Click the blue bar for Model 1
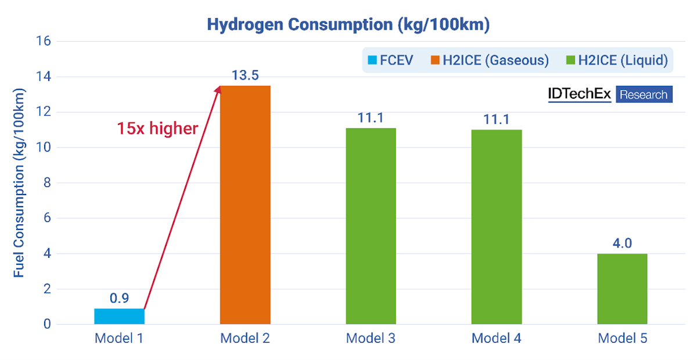[119, 316]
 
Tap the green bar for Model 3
[371, 226]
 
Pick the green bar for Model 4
[497, 226]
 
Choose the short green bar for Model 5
[622, 289]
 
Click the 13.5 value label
[245, 76]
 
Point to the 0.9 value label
[119, 298]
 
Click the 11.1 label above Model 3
[371, 118]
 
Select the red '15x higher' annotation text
[157, 128]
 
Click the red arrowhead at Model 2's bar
[219, 89]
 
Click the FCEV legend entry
[390, 60]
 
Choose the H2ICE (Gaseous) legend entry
[489, 60]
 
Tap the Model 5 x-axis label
[622, 339]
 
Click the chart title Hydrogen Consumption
[348, 25]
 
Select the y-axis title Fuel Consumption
[19, 183]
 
